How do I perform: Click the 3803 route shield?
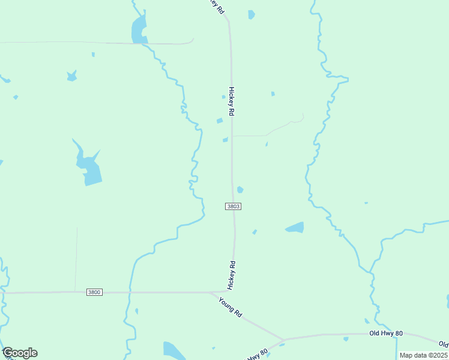point(234,206)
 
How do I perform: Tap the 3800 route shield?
point(94,292)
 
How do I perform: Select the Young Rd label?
point(230,307)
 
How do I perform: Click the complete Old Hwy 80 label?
point(385,333)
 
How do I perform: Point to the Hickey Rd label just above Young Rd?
point(232,275)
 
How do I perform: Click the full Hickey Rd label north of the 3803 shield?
point(231,101)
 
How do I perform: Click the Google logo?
point(20,353)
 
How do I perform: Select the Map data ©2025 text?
point(424,355)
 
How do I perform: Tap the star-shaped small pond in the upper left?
point(72,76)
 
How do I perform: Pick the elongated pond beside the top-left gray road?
point(138,29)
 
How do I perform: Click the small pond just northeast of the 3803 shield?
point(240,190)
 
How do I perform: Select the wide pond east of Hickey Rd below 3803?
point(295,227)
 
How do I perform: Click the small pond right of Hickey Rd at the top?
point(251,14)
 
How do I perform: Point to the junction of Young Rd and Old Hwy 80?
point(285,339)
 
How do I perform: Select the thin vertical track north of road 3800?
point(76,258)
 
